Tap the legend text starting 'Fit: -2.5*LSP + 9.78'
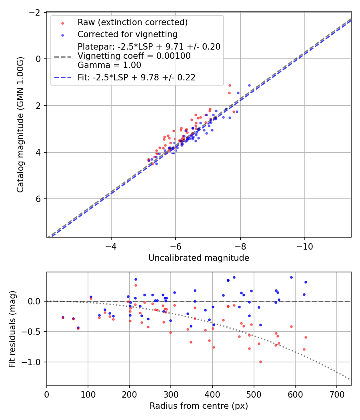coord(136,78)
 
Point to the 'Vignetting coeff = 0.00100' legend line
coord(134,56)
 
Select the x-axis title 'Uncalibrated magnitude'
coord(199,258)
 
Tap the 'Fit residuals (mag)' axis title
coord(12,328)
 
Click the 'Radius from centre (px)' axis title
coord(199,406)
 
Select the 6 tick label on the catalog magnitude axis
coord(39,199)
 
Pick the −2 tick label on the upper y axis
coord(36,12)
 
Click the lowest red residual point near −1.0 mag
coord(260,362)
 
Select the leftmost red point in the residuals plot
coord(63,318)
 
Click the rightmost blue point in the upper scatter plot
coord(249,85)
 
